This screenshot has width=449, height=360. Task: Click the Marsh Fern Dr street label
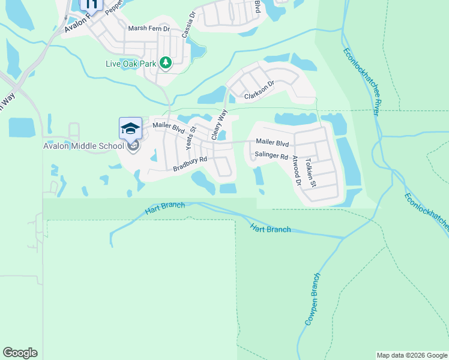point(149,28)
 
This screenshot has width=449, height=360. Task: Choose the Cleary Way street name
point(219,125)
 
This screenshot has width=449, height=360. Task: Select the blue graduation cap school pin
point(130,128)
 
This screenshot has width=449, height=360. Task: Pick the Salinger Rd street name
point(272,155)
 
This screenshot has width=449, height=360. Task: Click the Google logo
point(20,353)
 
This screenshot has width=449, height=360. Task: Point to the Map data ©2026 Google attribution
point(412,355)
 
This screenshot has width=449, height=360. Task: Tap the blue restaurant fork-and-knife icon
point(91,3)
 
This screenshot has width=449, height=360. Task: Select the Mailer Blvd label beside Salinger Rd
point(273,143)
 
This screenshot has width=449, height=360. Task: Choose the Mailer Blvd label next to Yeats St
point(168,127)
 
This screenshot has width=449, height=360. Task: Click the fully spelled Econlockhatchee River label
point(361,82)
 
